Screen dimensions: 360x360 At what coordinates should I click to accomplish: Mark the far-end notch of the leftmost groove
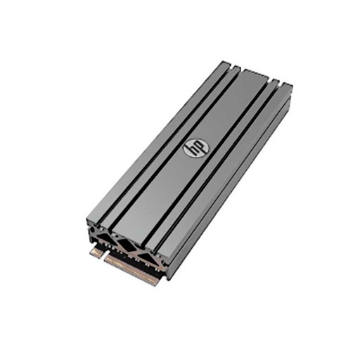point(237,70)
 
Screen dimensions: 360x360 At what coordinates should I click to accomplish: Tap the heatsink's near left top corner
point(87,219)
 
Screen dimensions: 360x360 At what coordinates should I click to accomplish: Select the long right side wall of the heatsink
point(232,190)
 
